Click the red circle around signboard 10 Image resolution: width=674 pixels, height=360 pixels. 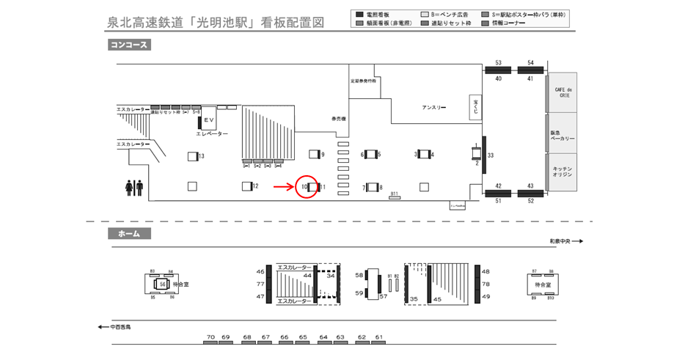click(307, 187)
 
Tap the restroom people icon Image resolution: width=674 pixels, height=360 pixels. click(134, 188)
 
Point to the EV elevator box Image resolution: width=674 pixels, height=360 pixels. click(208, 120)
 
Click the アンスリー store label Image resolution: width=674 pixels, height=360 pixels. click(434, 108)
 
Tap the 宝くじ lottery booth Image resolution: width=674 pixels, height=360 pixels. click(475, 106)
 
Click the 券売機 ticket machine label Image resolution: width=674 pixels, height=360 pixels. click(338, 118)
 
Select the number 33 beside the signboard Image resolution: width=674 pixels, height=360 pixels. click(491, 155)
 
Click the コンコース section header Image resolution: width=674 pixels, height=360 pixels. click(128, 45)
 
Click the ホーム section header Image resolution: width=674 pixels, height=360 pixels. click(128, 234)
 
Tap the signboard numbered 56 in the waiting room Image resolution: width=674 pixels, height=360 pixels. click(162, 283)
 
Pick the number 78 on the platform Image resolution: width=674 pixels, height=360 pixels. click(486, 283)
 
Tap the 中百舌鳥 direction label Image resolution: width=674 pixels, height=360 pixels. click(118, 327)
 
